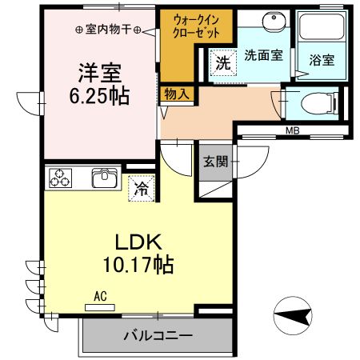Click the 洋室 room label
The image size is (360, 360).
click(98, 72)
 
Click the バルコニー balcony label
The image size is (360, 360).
click(157, 335)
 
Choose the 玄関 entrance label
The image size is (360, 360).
click(216, 161)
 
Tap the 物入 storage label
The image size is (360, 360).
click(177, 94)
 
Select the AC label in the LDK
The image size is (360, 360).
click(100, 295)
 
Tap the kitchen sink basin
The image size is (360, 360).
click(105, 177)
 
